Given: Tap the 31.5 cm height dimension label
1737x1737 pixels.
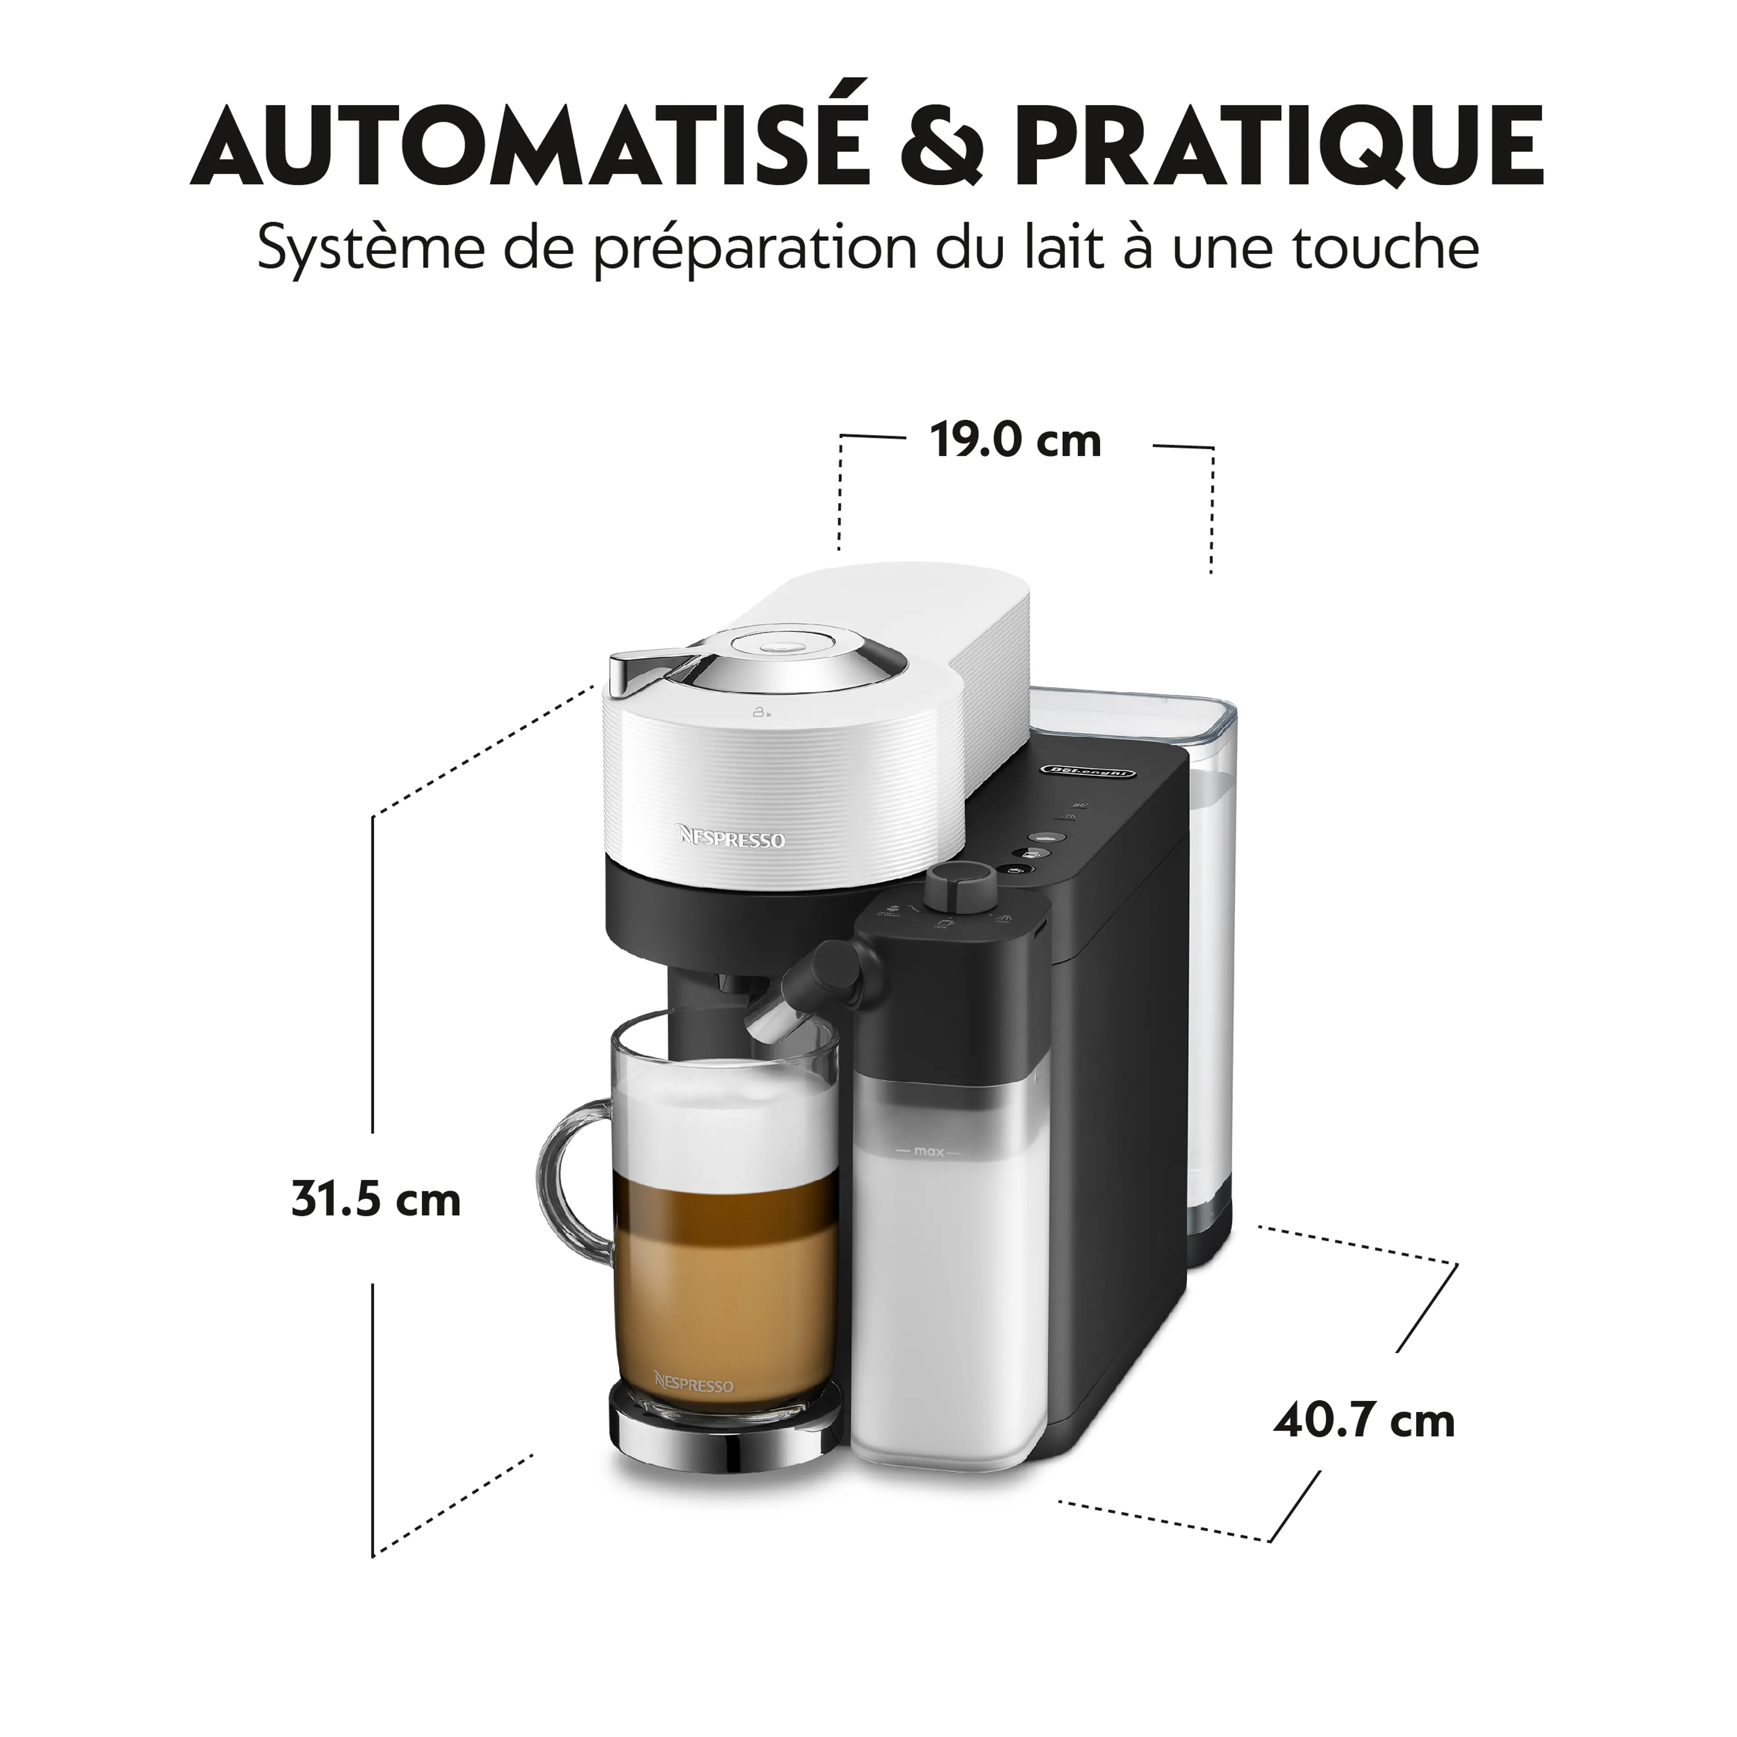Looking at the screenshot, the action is [x=376, y=1200].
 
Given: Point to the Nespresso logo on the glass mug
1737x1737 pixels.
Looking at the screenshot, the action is [x=693, y=1386].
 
